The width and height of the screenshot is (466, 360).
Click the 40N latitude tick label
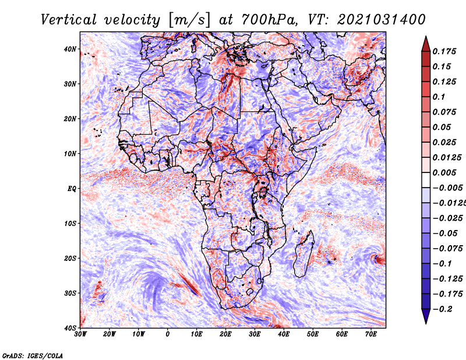pos(70,49)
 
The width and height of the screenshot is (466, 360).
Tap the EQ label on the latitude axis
pos(72,189)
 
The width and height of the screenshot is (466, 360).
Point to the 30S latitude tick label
pos(70,293)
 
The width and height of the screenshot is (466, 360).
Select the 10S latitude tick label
pos(70,223)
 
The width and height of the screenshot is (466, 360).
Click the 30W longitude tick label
pos(80,334)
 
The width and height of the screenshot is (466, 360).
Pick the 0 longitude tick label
pos(168,334)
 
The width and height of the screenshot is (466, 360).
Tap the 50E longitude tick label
pos(313,334)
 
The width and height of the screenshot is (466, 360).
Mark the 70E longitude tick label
pos(371,334)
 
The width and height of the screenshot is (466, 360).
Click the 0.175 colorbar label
pos(444,51)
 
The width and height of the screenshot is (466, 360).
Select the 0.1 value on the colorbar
pos(439,97)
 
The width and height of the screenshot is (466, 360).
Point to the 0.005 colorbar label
pos(444,172)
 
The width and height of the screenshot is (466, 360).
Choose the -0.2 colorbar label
pos(442,309)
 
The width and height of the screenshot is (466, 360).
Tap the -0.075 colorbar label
pos(447,249)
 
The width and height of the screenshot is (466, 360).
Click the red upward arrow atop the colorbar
pos(426,44)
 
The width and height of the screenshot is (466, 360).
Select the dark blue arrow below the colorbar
pos(426,316)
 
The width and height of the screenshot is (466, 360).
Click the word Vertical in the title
pos(69,20)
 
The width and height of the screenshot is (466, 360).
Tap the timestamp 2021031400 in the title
pos(382,20)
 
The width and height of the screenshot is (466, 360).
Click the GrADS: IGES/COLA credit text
pos(33,355)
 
